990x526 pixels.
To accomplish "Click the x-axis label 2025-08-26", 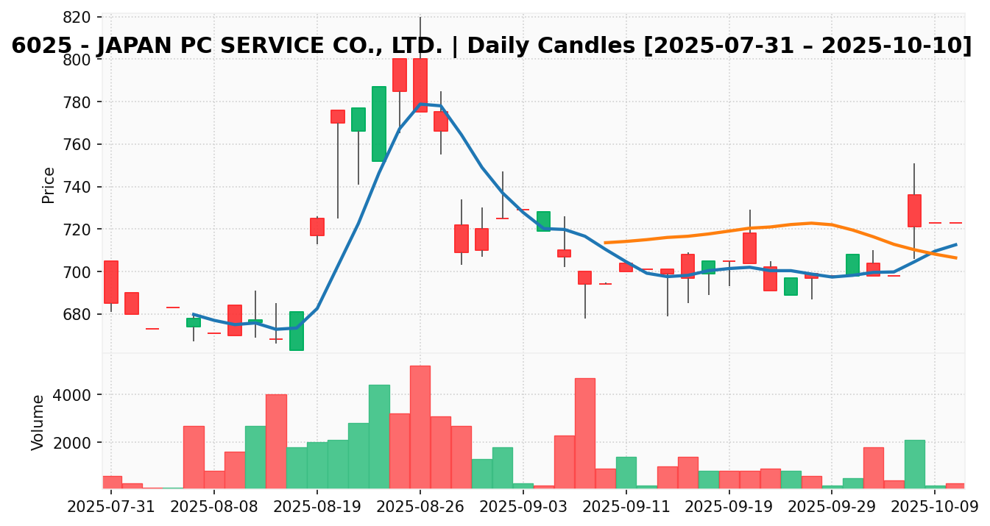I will pos(420,507).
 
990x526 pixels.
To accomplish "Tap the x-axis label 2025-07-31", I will pos(111,507).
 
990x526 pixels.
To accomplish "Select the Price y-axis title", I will pos(49,185).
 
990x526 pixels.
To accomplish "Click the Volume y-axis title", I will pos(38,422).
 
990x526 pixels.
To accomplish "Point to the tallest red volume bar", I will pos(420,427).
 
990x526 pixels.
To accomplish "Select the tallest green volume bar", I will pos(378,436).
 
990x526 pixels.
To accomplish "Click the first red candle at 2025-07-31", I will pos(111,282).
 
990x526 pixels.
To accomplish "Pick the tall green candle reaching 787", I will pos(378,124).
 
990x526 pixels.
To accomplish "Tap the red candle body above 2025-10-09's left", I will pos(913,210).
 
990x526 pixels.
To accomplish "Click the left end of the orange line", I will pos(605,242).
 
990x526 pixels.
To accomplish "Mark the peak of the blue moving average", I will pos(421,104).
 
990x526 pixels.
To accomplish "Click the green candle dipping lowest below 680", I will pos(296,330).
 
